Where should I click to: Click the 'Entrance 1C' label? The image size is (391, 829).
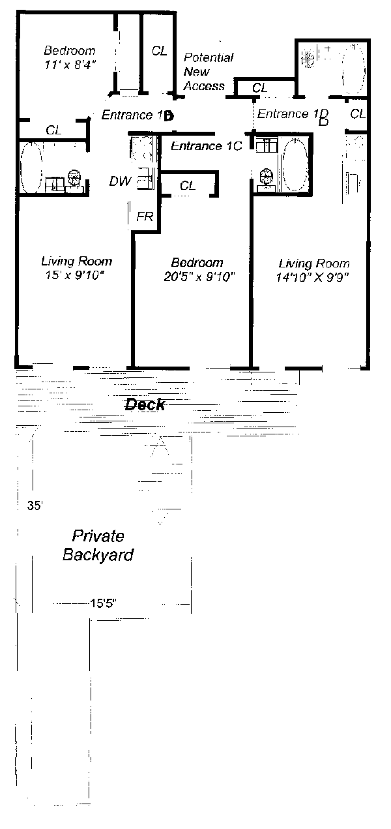(207, 146)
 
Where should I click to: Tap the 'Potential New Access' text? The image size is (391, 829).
(209, 72)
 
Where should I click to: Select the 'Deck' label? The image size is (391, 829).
(145, 404)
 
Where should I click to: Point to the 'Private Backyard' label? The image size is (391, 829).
(98, 545)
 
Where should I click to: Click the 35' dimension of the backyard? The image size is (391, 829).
(35, 505)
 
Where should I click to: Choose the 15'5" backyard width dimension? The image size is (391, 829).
(104, 603)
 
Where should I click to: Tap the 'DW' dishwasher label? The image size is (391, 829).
(120, 181)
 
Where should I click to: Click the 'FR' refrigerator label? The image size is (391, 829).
(145, 217)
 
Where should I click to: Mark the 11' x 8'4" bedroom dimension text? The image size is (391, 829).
(70, 65)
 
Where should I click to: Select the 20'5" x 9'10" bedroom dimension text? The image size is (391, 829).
(199, 277)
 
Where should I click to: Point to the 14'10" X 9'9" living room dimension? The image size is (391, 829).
(313, 277)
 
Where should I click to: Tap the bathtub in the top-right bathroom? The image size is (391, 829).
(354, 69)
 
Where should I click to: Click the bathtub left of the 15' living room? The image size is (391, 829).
(31, 167)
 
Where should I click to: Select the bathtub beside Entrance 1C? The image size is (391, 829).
(295, 164)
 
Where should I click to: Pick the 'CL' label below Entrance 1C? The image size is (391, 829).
(188, 185)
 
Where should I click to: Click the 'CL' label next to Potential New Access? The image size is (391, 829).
(160, 51)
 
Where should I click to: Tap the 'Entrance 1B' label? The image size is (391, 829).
(138, 115)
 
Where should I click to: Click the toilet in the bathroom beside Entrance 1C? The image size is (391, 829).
(266, 179)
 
